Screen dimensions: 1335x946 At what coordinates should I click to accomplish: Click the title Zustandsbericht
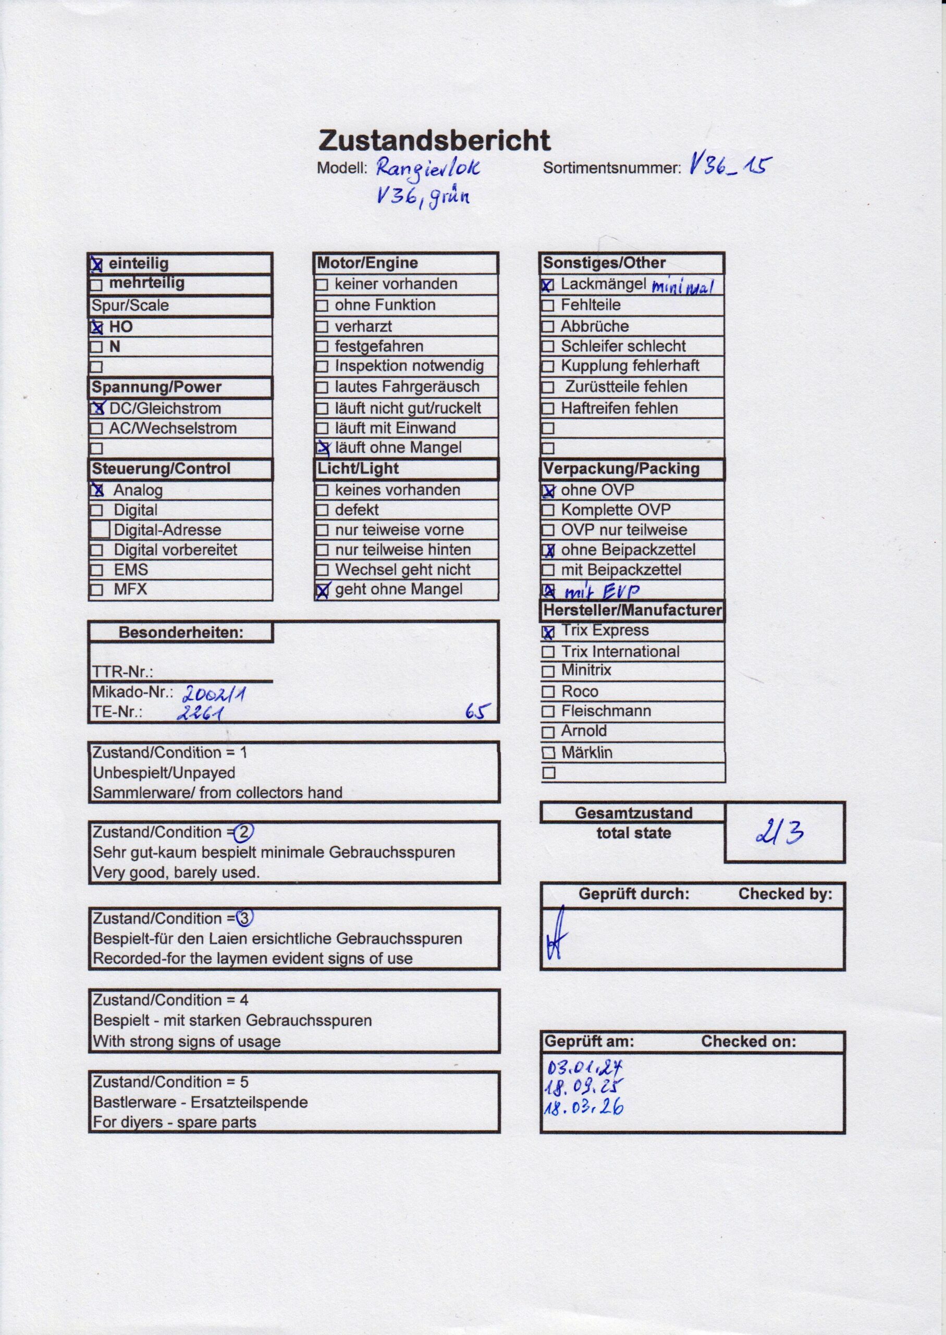tap(434, 141)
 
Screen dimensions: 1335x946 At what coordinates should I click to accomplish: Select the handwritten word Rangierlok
tap(428, 168)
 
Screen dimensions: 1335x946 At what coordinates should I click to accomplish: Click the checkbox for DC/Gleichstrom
tap(97, 408)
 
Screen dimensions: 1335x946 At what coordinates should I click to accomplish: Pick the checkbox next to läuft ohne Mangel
tap(322, 448)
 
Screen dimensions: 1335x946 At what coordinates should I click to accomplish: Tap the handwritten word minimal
tap(682, 287)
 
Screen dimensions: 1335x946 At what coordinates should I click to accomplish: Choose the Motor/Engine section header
tap(367, 263)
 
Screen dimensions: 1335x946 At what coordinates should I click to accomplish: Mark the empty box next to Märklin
tap(548, 754)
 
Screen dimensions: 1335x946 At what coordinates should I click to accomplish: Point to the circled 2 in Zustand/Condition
tap(243, 833)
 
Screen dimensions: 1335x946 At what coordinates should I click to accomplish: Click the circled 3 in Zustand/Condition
tap(244, 918)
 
